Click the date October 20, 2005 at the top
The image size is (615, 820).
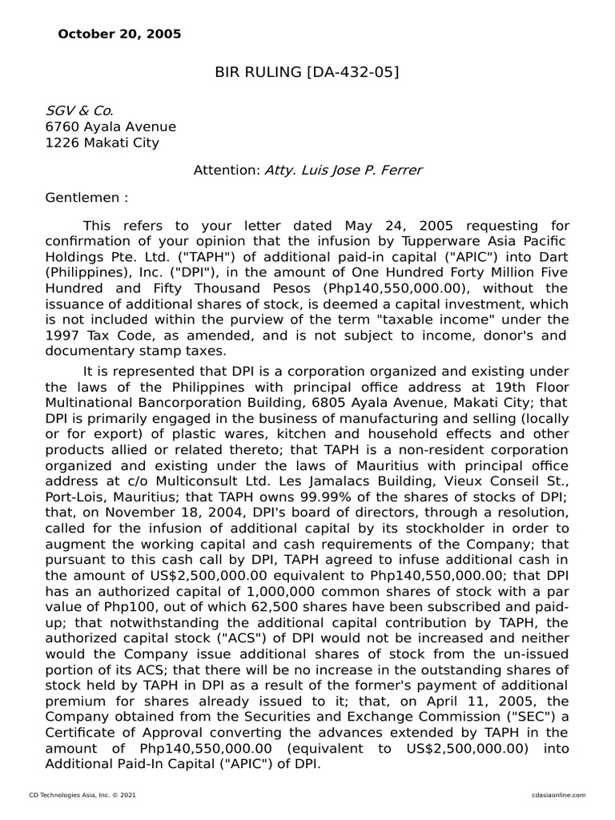(x=119, y=34)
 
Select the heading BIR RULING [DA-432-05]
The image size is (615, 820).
(x=307, y=74)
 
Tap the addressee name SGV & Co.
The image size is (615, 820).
(x=79, y=111)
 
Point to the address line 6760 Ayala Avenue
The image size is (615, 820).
(x=111, y=127)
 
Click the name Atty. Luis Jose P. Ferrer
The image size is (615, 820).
(x=344, y=171)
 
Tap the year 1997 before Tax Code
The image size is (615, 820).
(x=63, y=335)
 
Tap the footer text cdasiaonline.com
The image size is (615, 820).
(x=557, y=794)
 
